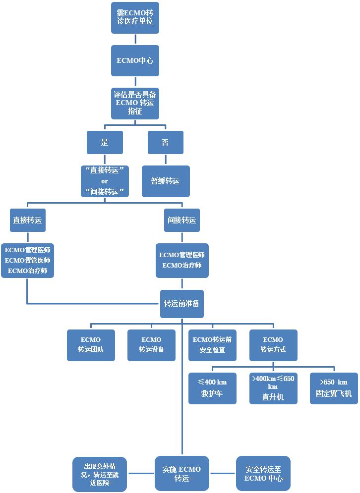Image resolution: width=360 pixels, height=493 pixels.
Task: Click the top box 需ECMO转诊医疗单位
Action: click(135, 18)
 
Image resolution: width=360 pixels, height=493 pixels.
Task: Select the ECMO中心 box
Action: click(135, 61)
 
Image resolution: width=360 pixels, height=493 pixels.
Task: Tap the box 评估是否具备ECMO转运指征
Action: click(135, 103)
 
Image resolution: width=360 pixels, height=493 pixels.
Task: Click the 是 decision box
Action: click(104, 143)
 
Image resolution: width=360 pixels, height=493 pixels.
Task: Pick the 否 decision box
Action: click(165, 143)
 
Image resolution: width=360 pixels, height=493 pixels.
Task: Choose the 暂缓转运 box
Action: click(165, 181)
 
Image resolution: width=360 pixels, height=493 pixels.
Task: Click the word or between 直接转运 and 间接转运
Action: click(104, 181)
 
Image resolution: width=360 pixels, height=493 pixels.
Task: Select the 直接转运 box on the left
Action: click(27, 220)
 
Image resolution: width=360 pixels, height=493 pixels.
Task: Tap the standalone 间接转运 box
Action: click(181, 220)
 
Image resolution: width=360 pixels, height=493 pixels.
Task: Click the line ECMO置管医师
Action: click(27, 260)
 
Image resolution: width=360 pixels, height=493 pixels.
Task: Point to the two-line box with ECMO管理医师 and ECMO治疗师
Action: click(181, 260)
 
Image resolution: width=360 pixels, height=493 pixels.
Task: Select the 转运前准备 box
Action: click(181, 303)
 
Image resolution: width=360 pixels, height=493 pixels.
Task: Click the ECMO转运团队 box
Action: click(91, 345)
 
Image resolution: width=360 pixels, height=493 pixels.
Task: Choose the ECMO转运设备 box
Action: click(151, 345)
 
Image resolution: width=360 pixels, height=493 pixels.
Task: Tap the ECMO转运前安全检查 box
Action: click(212, 345)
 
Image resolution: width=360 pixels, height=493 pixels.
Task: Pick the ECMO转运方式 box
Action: click(273, 345)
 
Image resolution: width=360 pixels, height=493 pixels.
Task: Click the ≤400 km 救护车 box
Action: click(212, 388)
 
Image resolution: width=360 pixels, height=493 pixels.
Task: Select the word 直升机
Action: click(273, 397)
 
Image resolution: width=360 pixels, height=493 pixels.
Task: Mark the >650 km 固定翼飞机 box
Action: click(334, 388)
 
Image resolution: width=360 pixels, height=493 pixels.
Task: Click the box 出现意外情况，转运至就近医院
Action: click(99, 474)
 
